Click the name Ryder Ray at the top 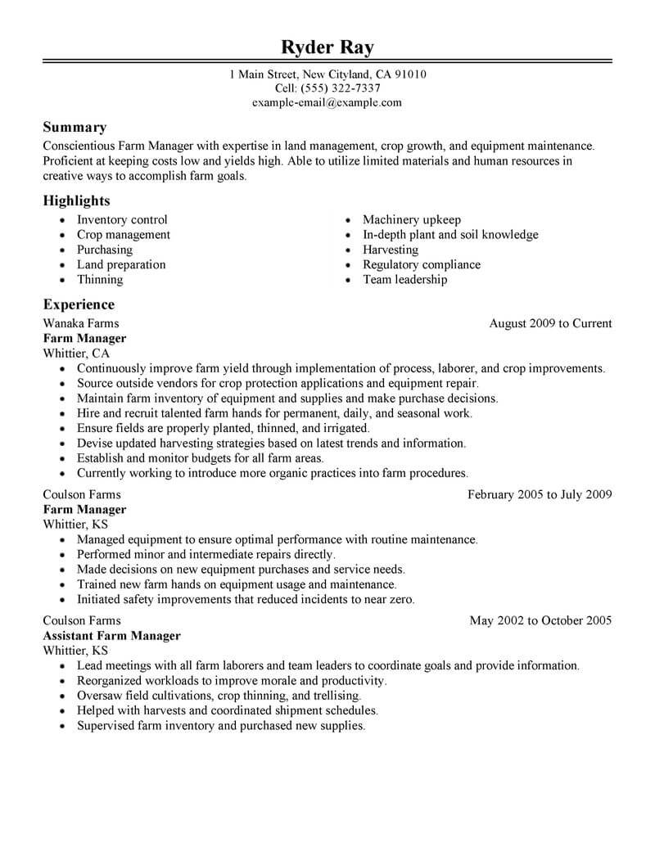click(327, 47)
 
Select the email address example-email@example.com click(327, 102)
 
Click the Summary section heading click(75, 127)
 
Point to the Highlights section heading click(76, 200)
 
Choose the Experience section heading click(79, 304)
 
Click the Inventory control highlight click(122, 220)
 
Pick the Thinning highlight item click(100, 279)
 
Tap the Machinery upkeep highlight click(412, 220)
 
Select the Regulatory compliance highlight click(422, 264)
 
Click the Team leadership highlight click(405, 279)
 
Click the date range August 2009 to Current click(550, 323)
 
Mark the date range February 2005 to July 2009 click(540, 494)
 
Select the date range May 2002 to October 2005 click(540, 620)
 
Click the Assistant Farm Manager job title click(111, 635)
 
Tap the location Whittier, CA click(75, 353)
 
